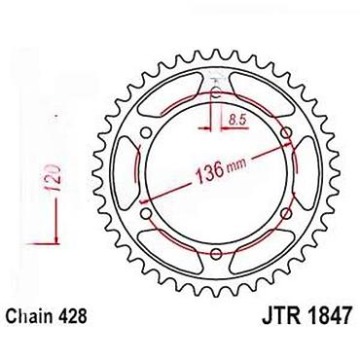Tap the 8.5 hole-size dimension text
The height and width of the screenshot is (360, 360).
(237, 120)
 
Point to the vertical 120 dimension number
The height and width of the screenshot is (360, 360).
(54, 178)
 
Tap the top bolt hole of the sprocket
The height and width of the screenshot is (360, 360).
(216, 92)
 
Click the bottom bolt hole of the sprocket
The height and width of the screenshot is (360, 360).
(216, 254)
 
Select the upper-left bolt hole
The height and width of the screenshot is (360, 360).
(146, 133)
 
